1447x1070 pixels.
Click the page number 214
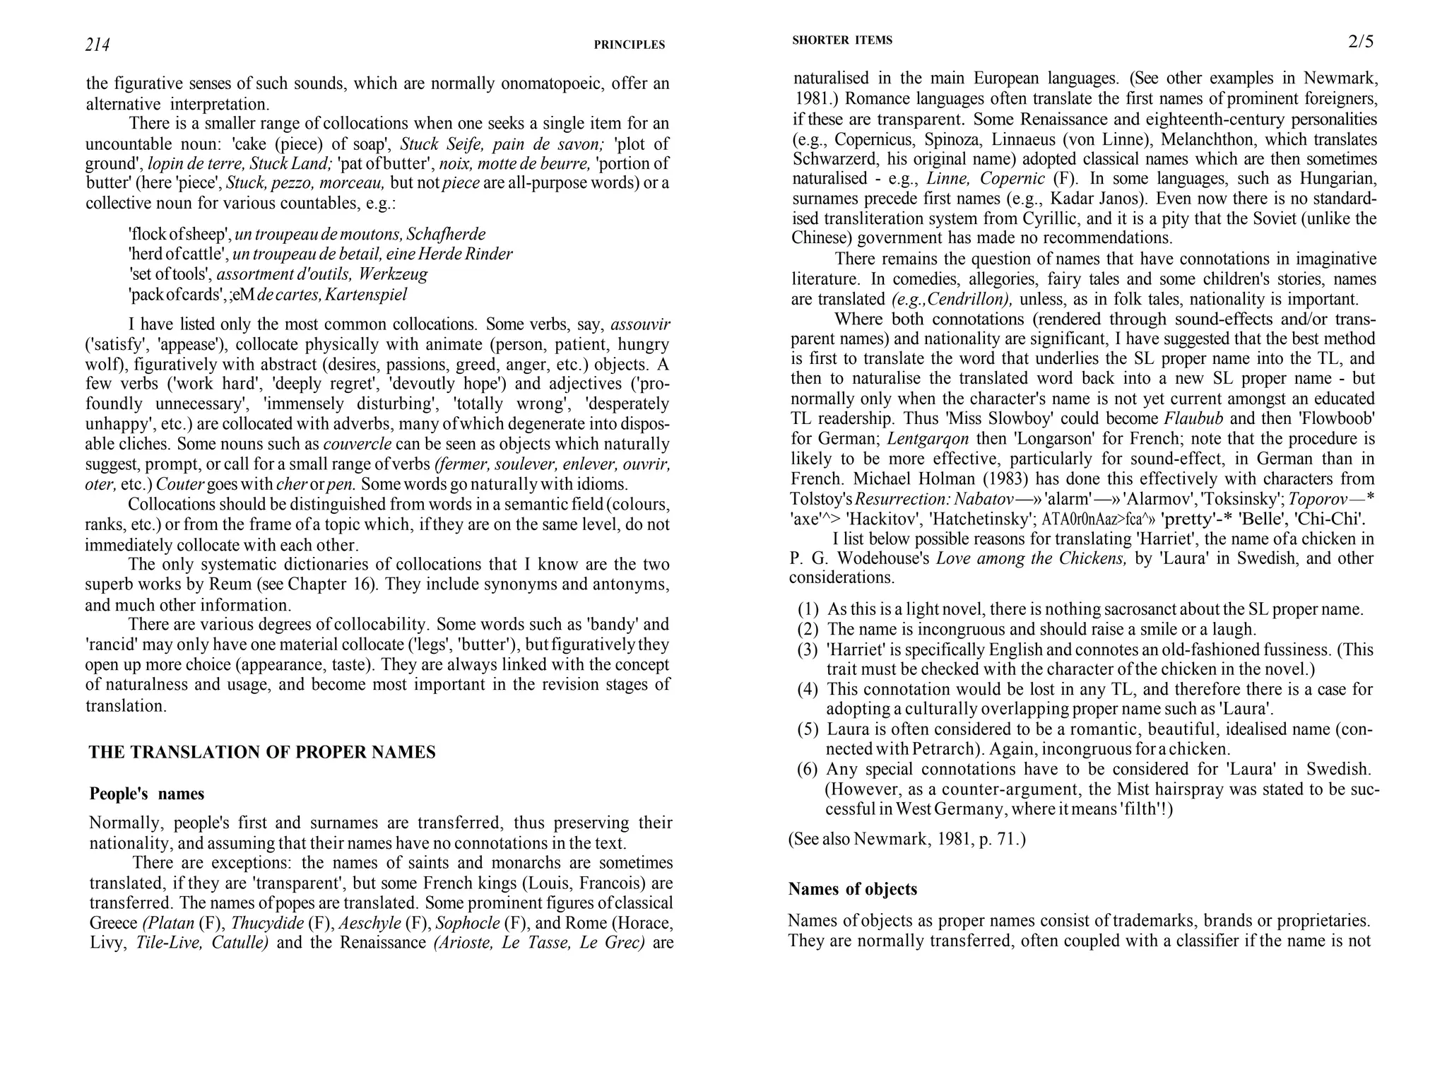(98, 45)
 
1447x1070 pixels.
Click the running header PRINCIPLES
(629, 45)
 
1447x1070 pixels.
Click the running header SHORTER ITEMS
(842, 40)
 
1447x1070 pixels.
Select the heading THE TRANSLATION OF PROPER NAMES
(262, 752)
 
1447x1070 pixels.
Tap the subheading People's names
(147, 794)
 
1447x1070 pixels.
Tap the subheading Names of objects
(852, 889)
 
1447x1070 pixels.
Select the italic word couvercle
(358, 445)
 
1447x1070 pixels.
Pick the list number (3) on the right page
(808, 649)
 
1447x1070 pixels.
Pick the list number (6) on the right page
(808, 769)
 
